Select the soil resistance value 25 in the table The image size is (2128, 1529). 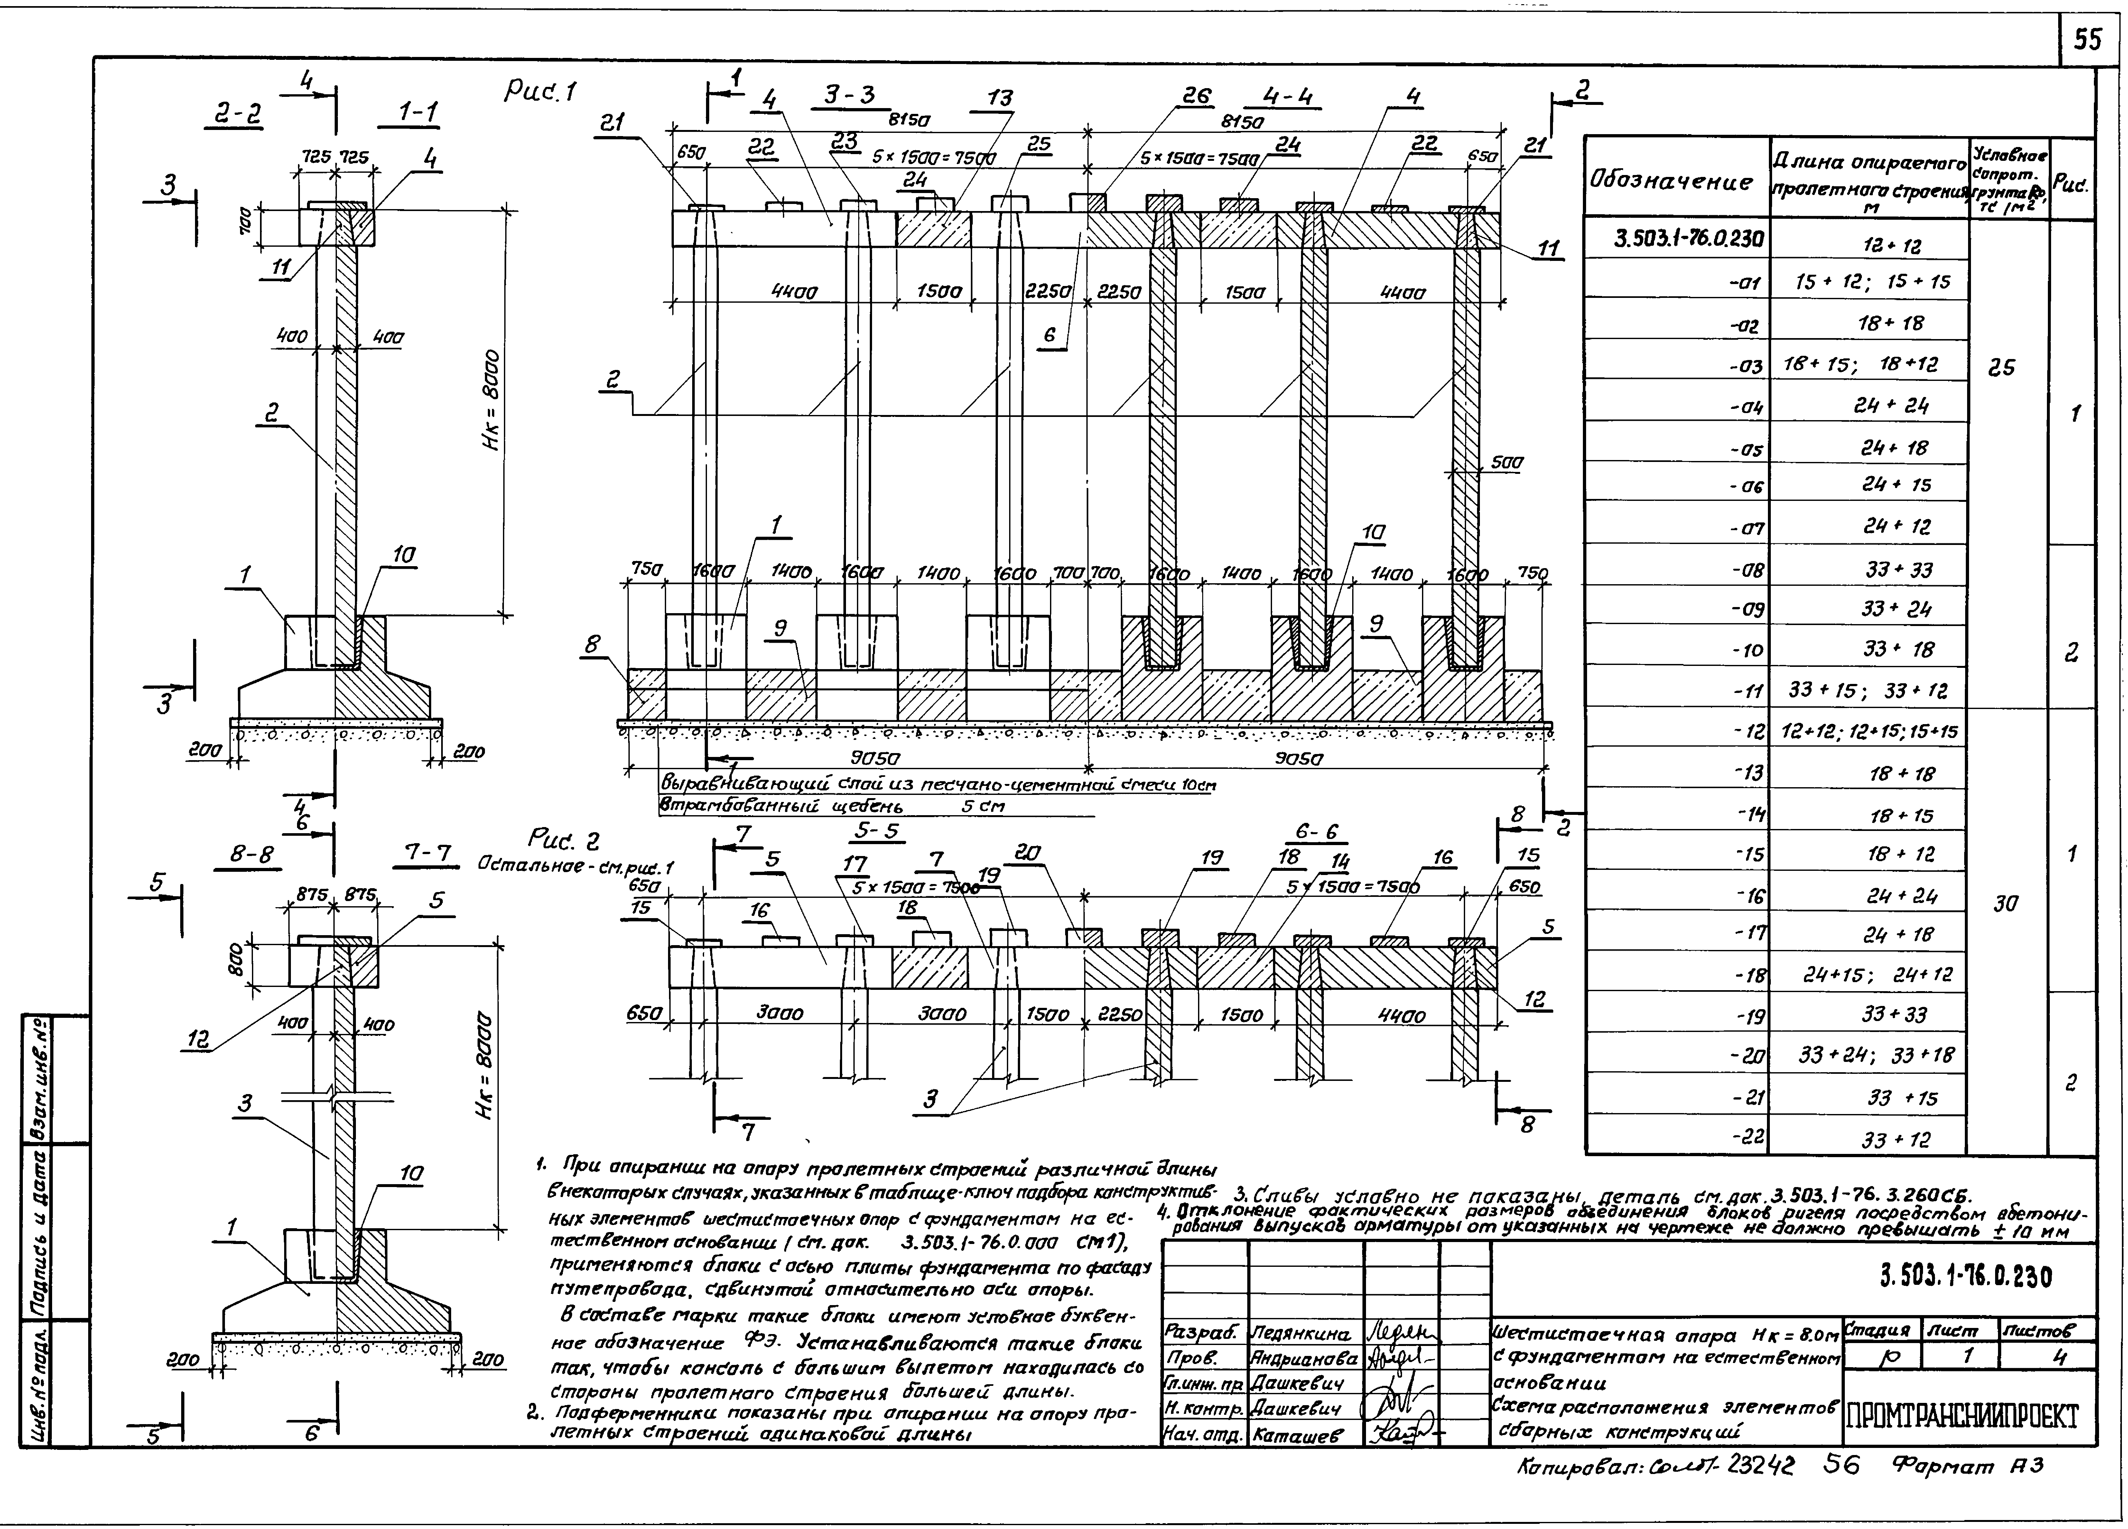pos(2001,368)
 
